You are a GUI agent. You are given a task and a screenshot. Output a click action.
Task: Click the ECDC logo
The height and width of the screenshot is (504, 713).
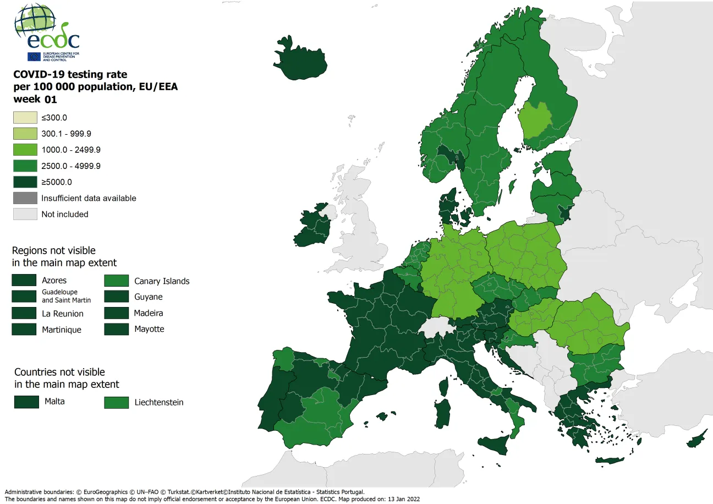pyautogui.click(x=47, y=33)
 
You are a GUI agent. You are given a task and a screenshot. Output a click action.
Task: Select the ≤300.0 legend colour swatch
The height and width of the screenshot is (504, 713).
pyautogui.click(x=25, y=117)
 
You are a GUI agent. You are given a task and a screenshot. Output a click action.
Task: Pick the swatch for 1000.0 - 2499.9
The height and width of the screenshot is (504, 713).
pyautogui.click(x=25, y=150)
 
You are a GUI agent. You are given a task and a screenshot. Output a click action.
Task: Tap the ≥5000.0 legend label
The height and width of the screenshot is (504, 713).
pyautogui.click(x=57, y=182)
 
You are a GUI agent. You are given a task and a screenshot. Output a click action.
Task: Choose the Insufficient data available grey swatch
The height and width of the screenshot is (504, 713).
pyautogui.click(x=25, y=198)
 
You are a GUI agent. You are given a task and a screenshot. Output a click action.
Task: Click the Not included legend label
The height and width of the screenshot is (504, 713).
pyautogui.click(x=65, y=214)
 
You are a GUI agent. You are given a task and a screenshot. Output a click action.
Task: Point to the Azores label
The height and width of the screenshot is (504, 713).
pyautogui.click(x=54, y=281)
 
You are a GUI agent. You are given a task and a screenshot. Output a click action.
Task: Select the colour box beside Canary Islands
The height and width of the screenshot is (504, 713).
pyautogui.click(x=116, y=281)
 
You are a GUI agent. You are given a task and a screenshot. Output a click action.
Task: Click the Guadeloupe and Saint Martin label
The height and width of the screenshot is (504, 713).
pyautogui.click(x=66, y=296)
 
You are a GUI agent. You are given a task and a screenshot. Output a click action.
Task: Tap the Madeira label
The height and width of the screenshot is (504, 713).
pyautogui.click(x=149, y=313)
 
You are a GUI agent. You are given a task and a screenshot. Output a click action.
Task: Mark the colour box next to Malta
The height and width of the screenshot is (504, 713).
pyautogui.click(x=26, y=402)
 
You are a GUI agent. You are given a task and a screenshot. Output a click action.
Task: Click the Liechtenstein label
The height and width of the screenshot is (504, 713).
pyautogui.click(x=159, y=402)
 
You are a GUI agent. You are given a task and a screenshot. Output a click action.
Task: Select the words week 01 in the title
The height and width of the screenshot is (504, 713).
pyautogui.click(x=35, y=100)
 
